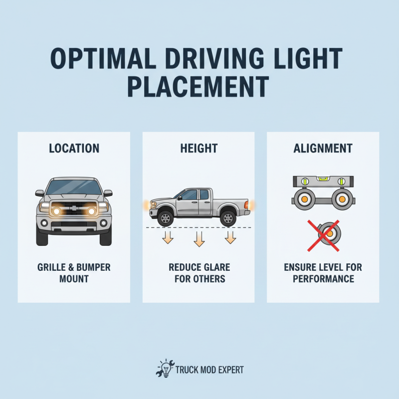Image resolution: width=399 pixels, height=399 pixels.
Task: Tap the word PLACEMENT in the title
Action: tap(198, 86)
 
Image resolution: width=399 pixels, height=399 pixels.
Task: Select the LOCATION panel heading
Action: tap(74, 148)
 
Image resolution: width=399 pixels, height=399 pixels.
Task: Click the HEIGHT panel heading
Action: tap(199, 148)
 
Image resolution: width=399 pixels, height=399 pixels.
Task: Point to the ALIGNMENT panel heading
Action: tap(323, 148)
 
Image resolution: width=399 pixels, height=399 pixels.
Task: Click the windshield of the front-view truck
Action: tap(74, 188)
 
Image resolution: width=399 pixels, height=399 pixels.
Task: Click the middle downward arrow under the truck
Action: tap(199, 239)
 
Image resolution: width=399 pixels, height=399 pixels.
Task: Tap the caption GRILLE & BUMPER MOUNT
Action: tap(74, 273)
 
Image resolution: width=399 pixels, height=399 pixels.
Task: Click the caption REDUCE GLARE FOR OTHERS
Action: tap(199, 273)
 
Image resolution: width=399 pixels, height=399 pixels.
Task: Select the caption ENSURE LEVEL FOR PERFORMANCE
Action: tap(323, 273)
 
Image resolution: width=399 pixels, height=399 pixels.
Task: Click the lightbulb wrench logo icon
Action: tap(165, 369)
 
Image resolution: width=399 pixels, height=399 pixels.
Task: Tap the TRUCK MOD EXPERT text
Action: tap(209, 370)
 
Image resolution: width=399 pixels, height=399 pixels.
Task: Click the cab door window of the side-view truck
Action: tap(190, 195)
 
